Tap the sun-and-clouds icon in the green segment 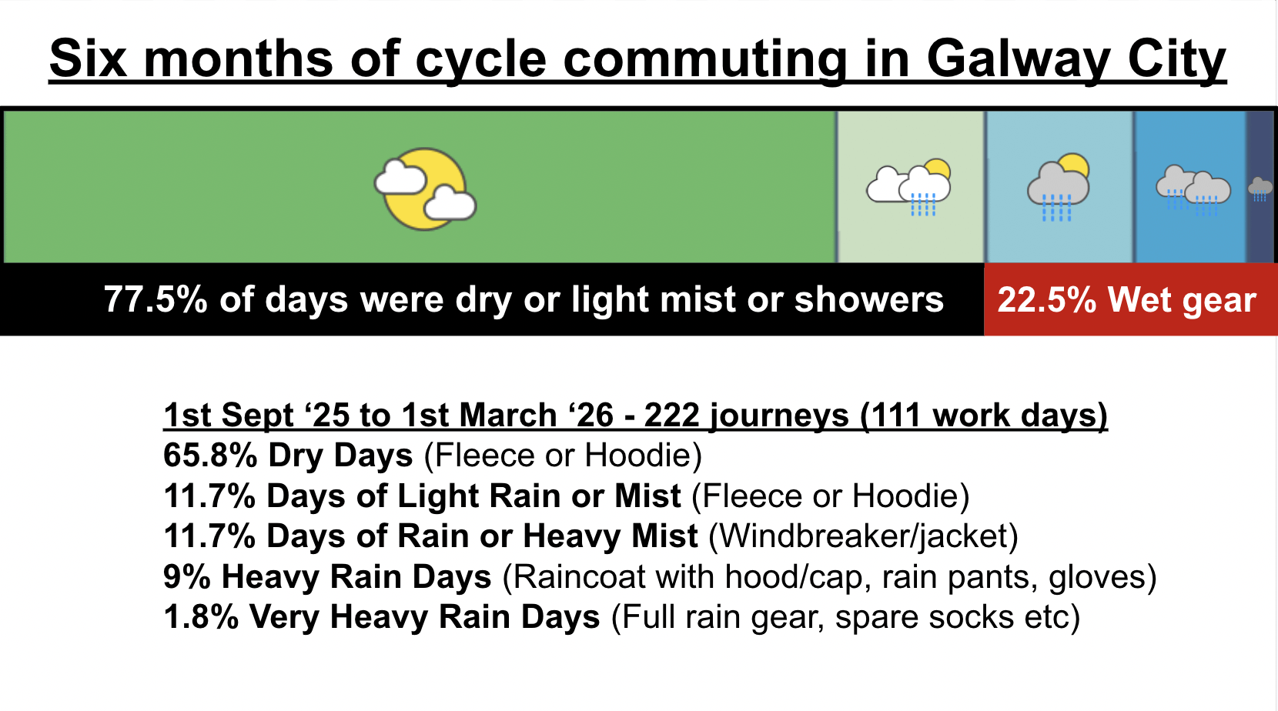tap(425, 189)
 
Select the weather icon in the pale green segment tap(909, 186)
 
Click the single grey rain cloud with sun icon tap(1059, 186)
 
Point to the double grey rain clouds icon tap(1193, 190)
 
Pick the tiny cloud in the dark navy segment tap(1260, 189)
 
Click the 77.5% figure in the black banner tap(156, 299)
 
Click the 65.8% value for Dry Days tap(210, 455)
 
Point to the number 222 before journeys tap(672, 415)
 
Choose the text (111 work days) tap(984, 415)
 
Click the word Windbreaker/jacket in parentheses tap(863, 536)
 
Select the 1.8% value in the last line tap(201, 617)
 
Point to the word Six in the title tap(88, 58)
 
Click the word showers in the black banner tap(869, 299)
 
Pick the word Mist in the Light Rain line tap(647, 496)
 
